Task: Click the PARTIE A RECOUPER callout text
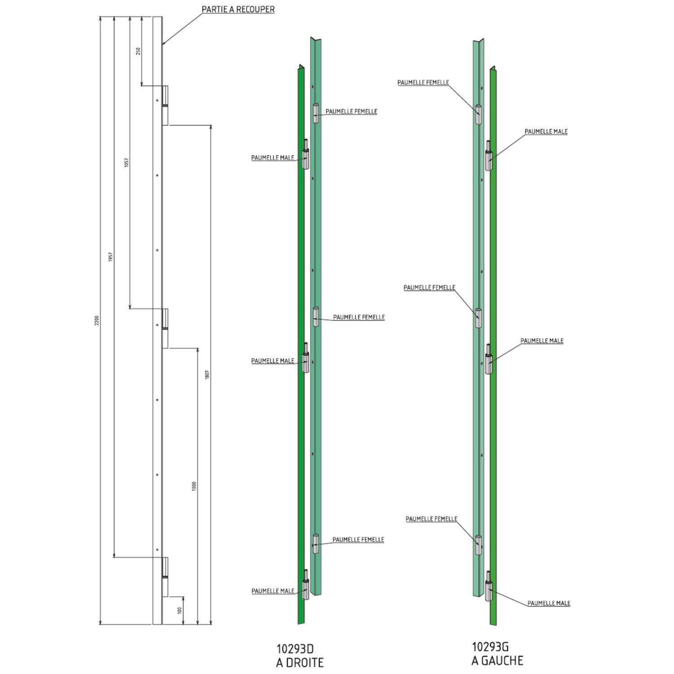click(238, 9)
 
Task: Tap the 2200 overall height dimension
click(97, 320)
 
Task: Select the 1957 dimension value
click(111, 257)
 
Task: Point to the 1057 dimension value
click(127, 162)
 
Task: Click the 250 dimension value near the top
click(138, 51)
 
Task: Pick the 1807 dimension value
click(207, 374)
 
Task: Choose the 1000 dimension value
click(194, 486)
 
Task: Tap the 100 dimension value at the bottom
click(180, 610)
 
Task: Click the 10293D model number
click(295, 649)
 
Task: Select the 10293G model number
click(490, 647)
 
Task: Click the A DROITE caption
click(300, 662)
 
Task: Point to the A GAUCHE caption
click(497, 661)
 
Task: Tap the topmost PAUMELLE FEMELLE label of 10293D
click(351, 111)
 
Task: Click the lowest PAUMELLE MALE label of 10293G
click(549, 603)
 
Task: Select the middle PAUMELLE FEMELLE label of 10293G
click(429, 288)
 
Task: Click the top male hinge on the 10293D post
click(306, 154)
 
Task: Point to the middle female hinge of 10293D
click(315, 316)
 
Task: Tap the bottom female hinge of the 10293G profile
click(478, 545)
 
